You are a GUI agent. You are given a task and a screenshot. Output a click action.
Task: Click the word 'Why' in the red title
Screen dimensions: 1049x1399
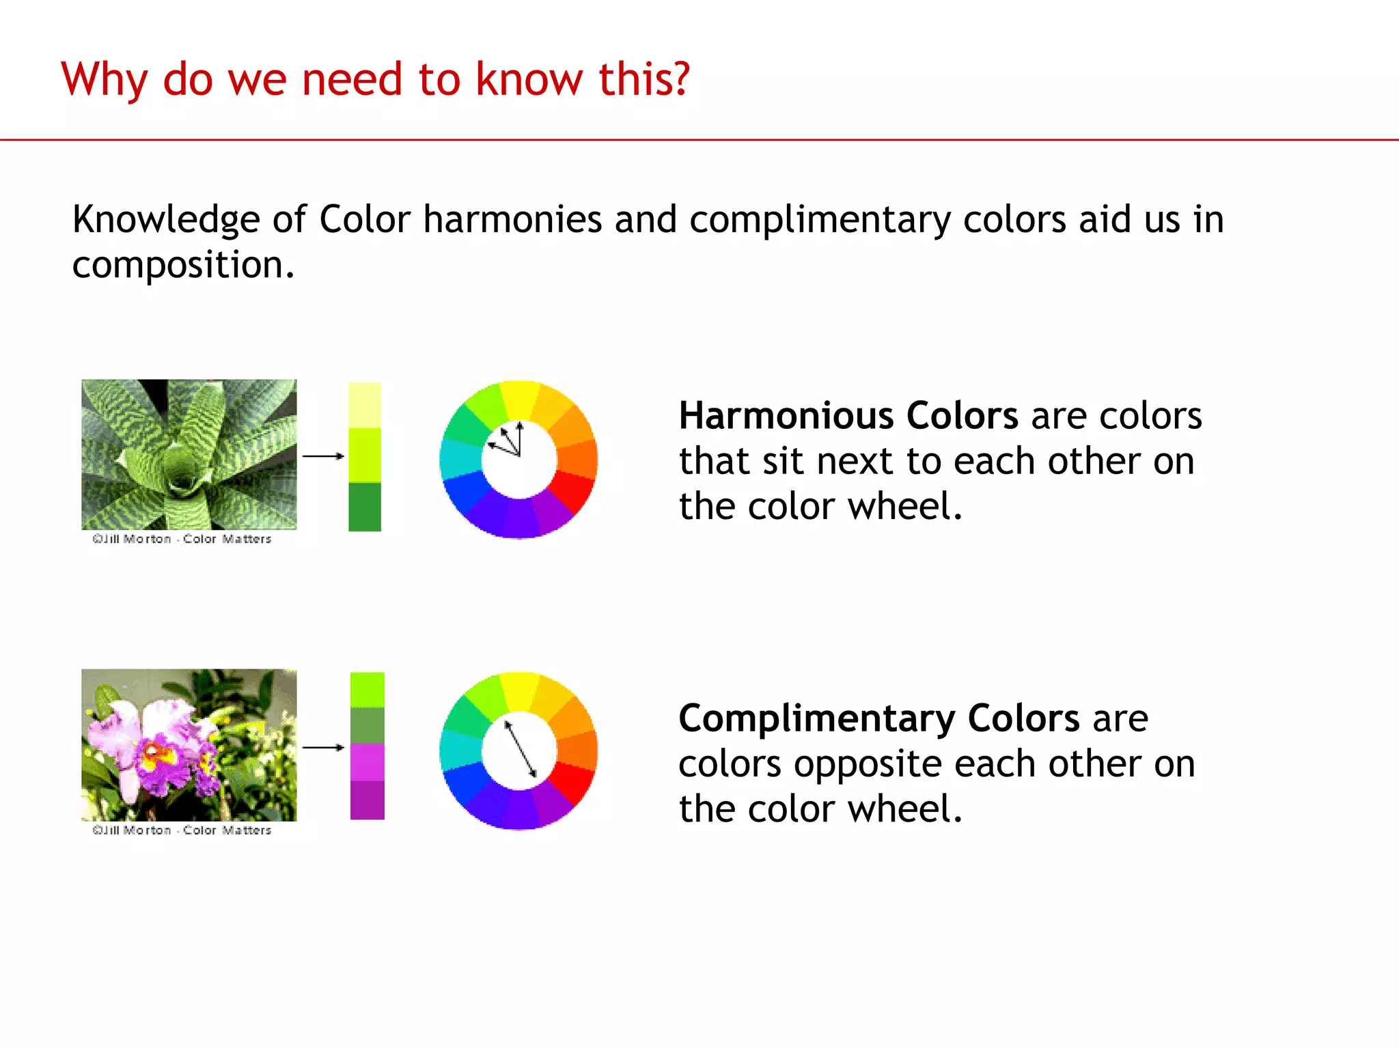point(104,80)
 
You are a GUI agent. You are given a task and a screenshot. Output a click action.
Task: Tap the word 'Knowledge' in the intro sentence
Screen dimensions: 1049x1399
point(166,220)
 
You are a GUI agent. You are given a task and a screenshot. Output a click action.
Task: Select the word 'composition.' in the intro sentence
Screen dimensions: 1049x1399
point(183,265)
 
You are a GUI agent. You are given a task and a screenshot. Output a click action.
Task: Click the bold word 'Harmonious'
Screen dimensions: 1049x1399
point(786,416)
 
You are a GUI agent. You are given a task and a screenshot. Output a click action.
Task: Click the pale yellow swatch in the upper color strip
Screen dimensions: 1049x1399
point(365,405)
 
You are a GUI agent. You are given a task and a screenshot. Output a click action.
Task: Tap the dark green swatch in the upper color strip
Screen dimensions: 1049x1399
point(365,507)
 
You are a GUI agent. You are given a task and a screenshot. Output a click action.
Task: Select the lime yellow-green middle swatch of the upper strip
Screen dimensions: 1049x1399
point(365,455)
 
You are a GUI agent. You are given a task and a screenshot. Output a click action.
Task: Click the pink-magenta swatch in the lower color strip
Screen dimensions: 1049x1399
point(368,762)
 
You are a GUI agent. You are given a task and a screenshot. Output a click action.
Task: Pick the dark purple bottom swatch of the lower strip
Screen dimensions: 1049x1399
point(368,800)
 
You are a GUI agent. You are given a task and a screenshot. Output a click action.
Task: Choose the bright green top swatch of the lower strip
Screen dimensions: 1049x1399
point(368,690)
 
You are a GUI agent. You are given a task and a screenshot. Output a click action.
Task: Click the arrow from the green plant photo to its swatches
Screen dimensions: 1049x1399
point(323,456)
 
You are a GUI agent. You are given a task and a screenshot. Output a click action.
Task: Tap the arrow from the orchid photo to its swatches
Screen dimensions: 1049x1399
point(323,747)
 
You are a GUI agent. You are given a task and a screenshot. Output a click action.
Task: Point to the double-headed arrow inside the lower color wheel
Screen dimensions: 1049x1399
point(520,749)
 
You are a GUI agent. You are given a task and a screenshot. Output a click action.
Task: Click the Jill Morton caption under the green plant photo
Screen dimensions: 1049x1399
point(182,540)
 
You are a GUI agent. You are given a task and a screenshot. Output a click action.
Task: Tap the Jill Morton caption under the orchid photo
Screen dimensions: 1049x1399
point(182,830)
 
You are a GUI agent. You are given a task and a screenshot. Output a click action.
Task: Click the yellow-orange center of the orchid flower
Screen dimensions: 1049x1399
point(156,753)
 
